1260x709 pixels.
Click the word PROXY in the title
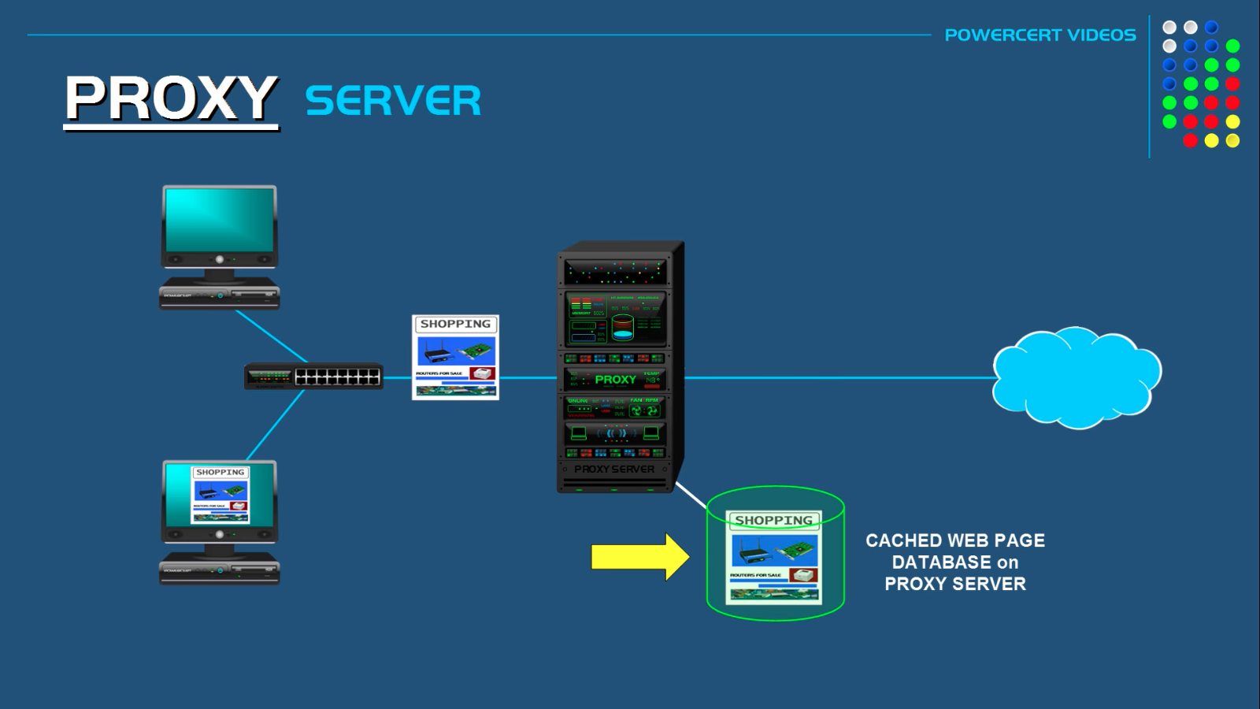171,99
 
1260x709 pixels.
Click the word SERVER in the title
392,102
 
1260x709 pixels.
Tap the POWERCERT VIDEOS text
1039,35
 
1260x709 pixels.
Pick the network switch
313,377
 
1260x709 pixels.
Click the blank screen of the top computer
219,220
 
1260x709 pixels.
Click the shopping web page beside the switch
455,358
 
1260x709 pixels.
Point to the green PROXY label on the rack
615,380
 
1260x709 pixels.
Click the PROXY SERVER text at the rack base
613,469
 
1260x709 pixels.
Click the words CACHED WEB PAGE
954,540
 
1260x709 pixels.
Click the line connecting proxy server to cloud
835,378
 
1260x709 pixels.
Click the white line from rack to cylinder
691,496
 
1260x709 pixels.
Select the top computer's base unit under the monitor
219,296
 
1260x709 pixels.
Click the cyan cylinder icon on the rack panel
622,327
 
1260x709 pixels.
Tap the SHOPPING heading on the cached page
773,521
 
